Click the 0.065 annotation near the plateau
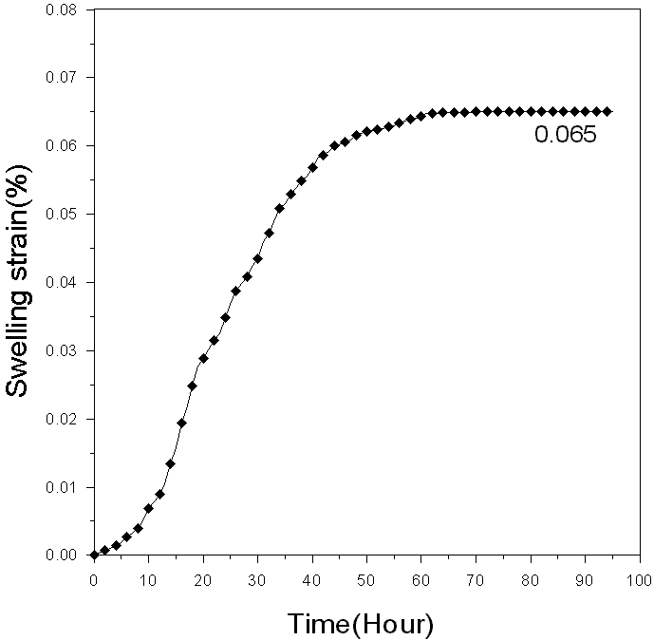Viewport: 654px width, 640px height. click(565, 135)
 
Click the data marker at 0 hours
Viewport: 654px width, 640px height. click(93, 555)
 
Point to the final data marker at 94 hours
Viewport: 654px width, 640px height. click(607, 111)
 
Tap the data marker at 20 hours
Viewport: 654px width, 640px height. click(203, 358)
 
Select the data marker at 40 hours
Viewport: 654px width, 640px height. click(312, 167)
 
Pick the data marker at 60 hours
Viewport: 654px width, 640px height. click(421, 116)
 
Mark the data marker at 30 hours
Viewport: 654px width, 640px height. click(257, 258)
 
